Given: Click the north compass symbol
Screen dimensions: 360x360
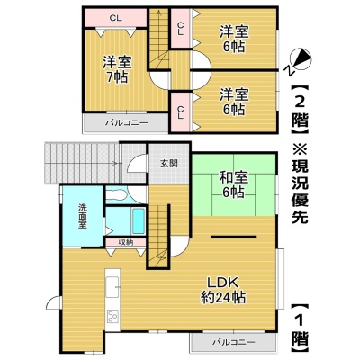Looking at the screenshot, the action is (x=301, y=61).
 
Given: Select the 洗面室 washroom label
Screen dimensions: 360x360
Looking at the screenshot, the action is (x=83, y=216).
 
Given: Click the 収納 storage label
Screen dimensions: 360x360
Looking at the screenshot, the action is (x=126, y=242).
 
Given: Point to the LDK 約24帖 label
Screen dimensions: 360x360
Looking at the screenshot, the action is (x=223, y=290).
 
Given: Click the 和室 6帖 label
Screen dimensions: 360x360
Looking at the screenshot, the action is (x=234, y=185).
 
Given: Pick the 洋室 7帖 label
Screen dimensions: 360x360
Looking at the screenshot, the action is (x=117, y=69).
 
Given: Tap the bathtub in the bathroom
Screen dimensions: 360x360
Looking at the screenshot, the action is (x=139, y=221).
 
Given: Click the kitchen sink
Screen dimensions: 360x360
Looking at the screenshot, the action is (x=112, y=287).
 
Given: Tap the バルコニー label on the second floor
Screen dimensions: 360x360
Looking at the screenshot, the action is (x=126, y=123).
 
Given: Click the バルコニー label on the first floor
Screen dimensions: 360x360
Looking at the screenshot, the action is (x=234, y=342).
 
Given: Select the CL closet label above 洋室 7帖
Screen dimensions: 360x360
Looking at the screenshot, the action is (x=115, y=18).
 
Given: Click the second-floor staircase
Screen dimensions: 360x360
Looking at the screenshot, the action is (x=159, y=39).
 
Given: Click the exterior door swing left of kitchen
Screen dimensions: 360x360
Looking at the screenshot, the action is (x=53, y=301).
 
